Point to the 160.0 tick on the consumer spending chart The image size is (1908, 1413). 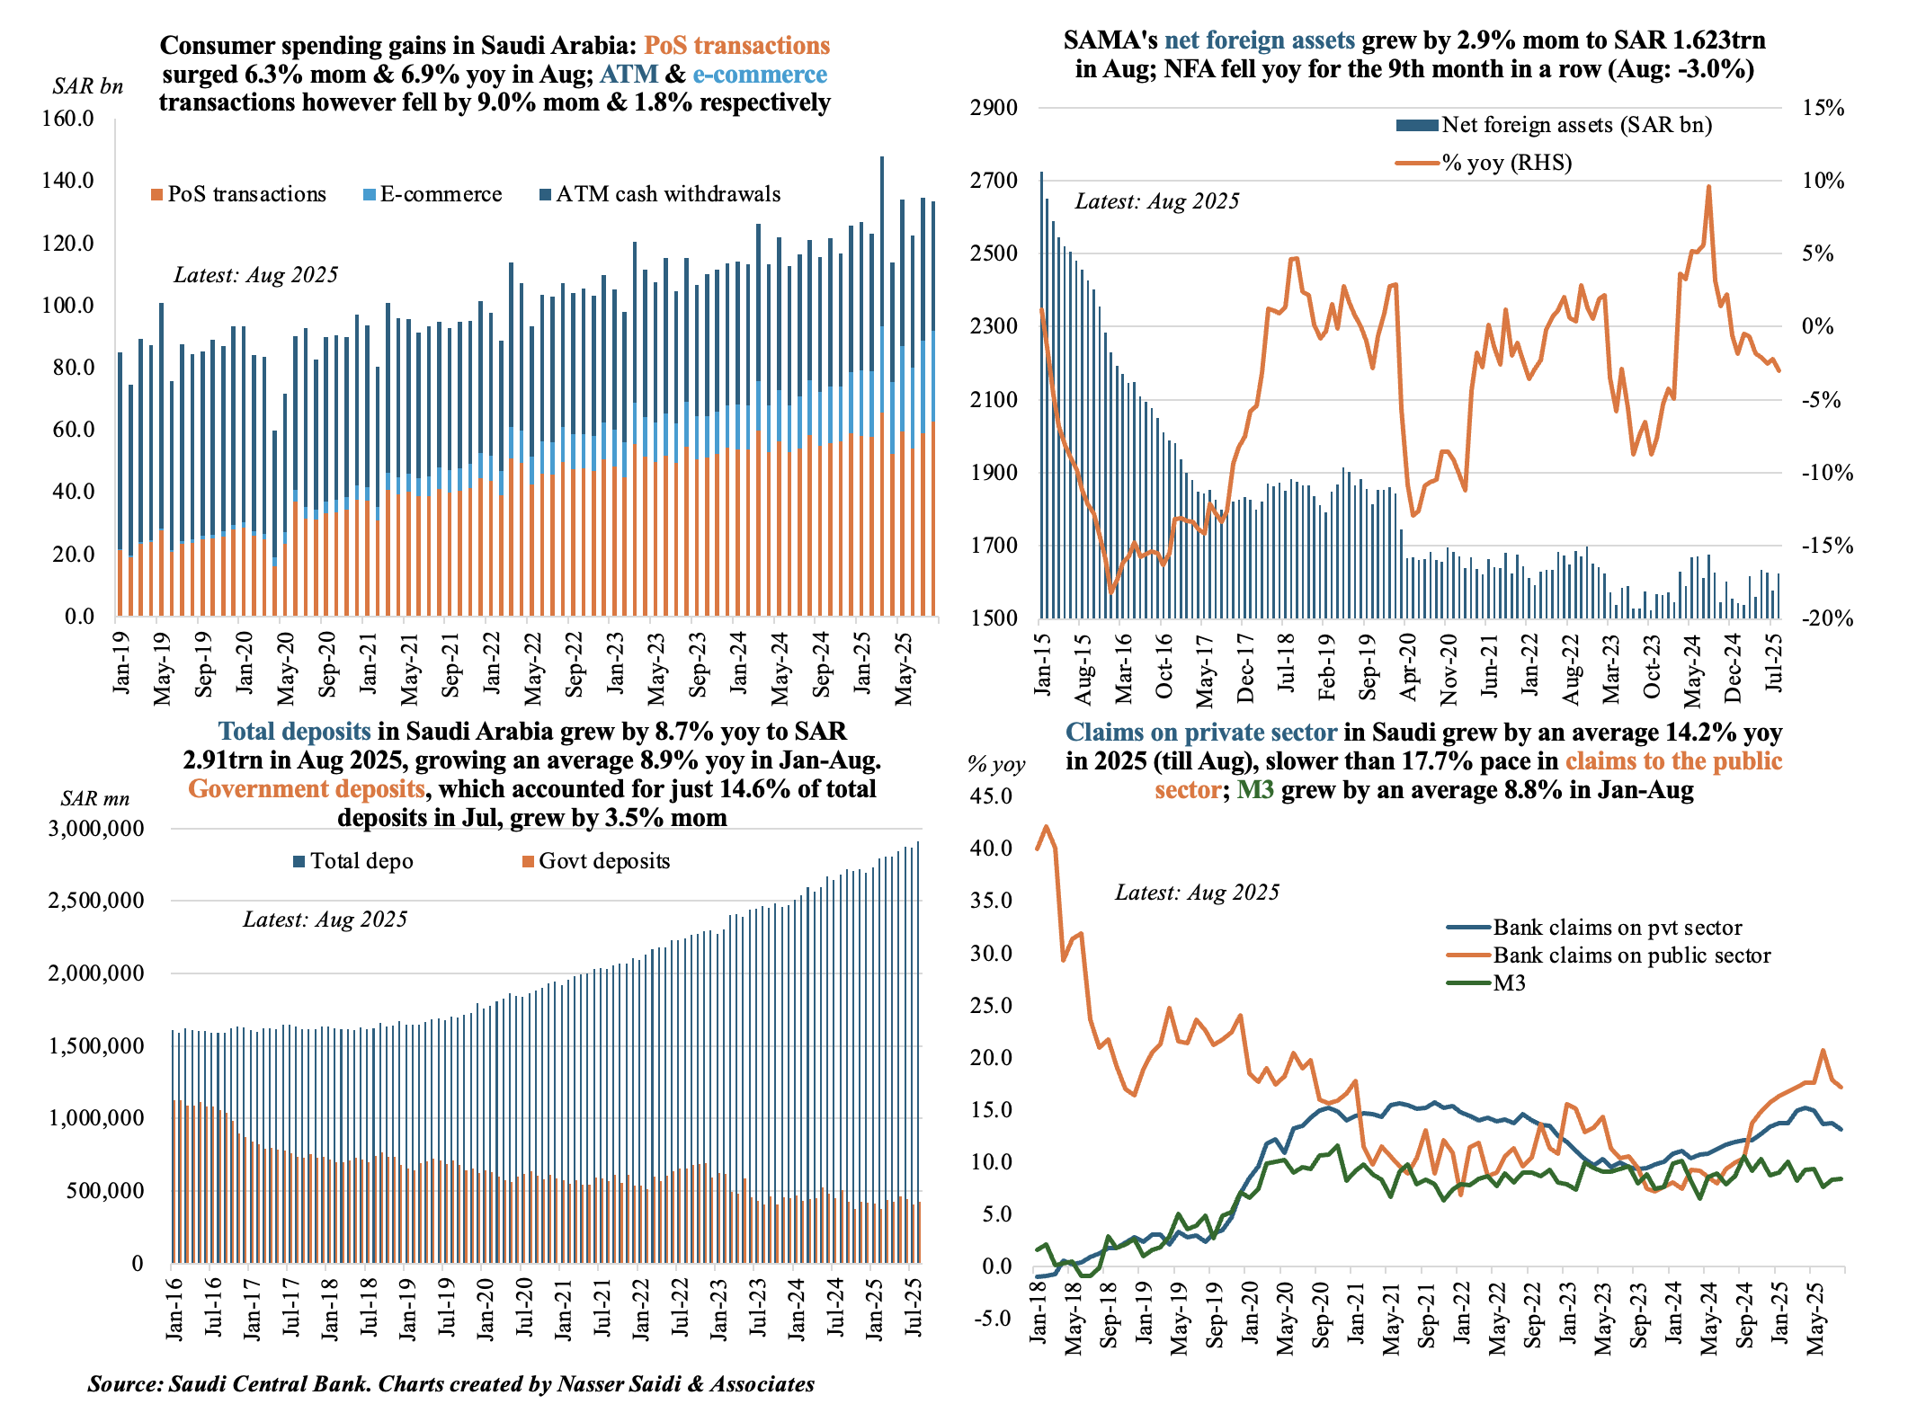pos(68,119)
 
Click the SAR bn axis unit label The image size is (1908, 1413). pos(87,86)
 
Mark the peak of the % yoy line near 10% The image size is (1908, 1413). pos(1707,187)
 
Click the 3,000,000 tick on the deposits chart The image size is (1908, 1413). pos(95,829)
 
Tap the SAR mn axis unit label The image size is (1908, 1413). pos(94,799)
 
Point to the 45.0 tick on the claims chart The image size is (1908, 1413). pos(991,796)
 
